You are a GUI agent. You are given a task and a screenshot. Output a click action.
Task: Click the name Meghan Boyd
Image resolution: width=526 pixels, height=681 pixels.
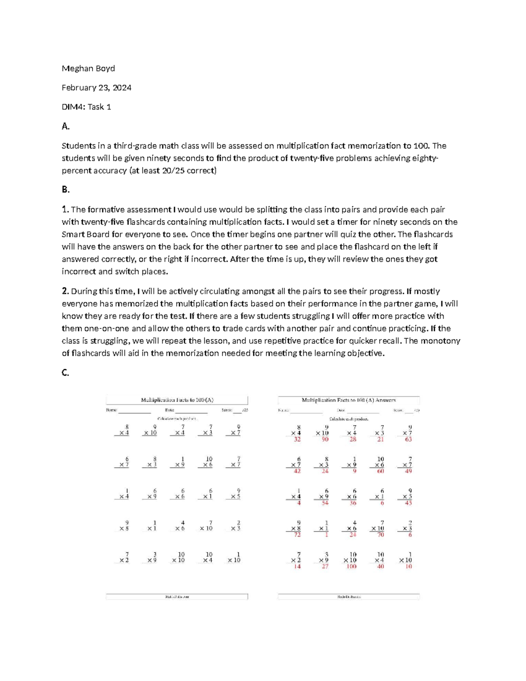[88, 68]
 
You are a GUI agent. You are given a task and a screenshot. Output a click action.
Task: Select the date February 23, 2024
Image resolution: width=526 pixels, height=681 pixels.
[96, 88]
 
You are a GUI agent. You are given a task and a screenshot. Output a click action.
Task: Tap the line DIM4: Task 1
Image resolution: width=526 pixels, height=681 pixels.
[86, 107]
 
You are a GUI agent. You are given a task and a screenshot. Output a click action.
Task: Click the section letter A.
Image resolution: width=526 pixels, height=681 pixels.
[65, 127]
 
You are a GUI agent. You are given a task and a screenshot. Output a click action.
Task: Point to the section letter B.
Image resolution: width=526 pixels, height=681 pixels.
[65, 190]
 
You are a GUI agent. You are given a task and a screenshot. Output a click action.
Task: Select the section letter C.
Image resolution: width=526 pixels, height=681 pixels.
[65, 373]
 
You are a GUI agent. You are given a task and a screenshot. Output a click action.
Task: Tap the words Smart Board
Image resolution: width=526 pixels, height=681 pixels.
[86, 235]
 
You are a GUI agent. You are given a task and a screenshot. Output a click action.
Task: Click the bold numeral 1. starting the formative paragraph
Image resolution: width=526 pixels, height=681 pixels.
[65, 210]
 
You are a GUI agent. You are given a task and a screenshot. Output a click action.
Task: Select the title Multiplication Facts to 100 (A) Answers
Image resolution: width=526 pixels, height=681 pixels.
[348, 400]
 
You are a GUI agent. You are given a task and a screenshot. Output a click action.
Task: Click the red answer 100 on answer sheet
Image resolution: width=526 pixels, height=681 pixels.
[351, 567]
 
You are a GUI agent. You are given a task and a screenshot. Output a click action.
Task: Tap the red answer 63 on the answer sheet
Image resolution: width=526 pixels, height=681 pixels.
[408, 439]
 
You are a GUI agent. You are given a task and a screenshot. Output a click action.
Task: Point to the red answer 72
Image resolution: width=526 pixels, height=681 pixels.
[297, 535]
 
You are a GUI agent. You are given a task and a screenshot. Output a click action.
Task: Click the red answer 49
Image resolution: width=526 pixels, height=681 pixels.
[408, 471]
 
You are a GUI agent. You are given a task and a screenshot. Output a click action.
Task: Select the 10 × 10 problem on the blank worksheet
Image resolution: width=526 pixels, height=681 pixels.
[179, 557]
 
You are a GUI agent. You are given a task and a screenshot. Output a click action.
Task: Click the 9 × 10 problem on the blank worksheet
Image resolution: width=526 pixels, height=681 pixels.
[150, 430]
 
